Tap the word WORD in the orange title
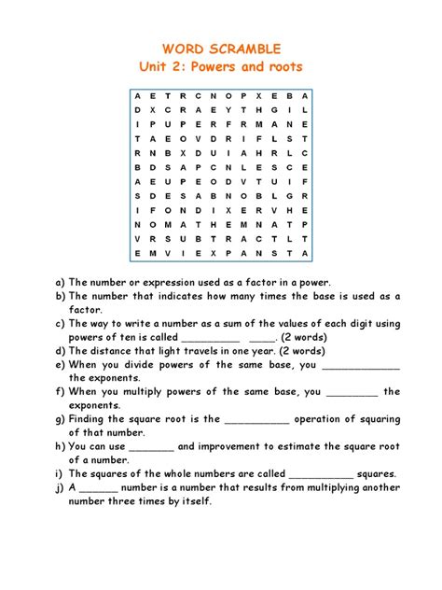[184, 48]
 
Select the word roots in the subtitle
[282, 67]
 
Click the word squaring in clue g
[375, 419]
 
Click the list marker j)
[60, 487]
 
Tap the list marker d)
[61, 351]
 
